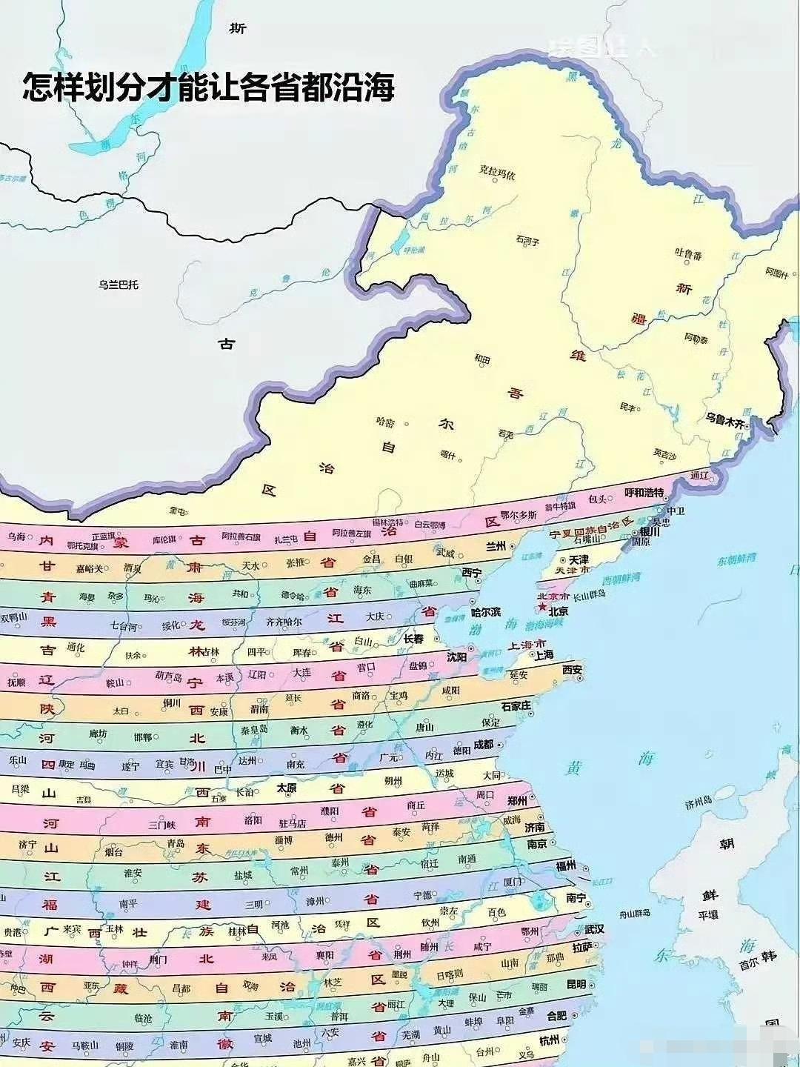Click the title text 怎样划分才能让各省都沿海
(208, 87)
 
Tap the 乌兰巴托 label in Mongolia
(119, 285)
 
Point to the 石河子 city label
(527, 241)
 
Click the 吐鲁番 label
(688, 254)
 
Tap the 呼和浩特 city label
(644, 492)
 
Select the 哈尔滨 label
(486, 613)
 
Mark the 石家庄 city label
(516, 705)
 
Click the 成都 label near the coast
(483, 744)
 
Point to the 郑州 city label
(516, 801)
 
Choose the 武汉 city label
(594, 929)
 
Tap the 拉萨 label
(582, 947)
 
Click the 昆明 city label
(576, 985)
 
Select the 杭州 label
(549, 1040)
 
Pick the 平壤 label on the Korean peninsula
(707, 914)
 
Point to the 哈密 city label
(385, 422)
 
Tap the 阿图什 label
(776, 273)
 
